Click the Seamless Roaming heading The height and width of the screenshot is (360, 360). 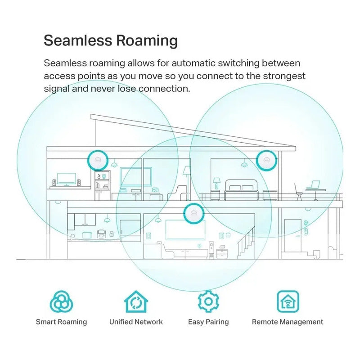coord(111,40)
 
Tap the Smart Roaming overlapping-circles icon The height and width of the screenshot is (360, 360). coord(61,301)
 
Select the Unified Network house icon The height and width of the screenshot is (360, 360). coord(136,301)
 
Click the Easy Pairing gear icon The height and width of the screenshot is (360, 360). coord(208,301)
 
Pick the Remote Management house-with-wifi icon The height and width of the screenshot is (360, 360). coord(288,301)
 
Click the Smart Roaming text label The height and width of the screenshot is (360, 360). coord(61,322)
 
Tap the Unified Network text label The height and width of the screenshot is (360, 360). coord(136,322)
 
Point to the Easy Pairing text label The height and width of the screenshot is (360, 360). coord(208,322)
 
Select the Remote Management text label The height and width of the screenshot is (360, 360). coord(288,322)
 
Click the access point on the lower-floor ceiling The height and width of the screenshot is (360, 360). coord(194,213)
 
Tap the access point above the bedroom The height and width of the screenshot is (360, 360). coord(266,161)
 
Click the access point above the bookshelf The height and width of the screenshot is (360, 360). coord(98,161)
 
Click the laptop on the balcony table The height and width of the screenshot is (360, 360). coord(313,184)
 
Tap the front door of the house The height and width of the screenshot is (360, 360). coord(293,235)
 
